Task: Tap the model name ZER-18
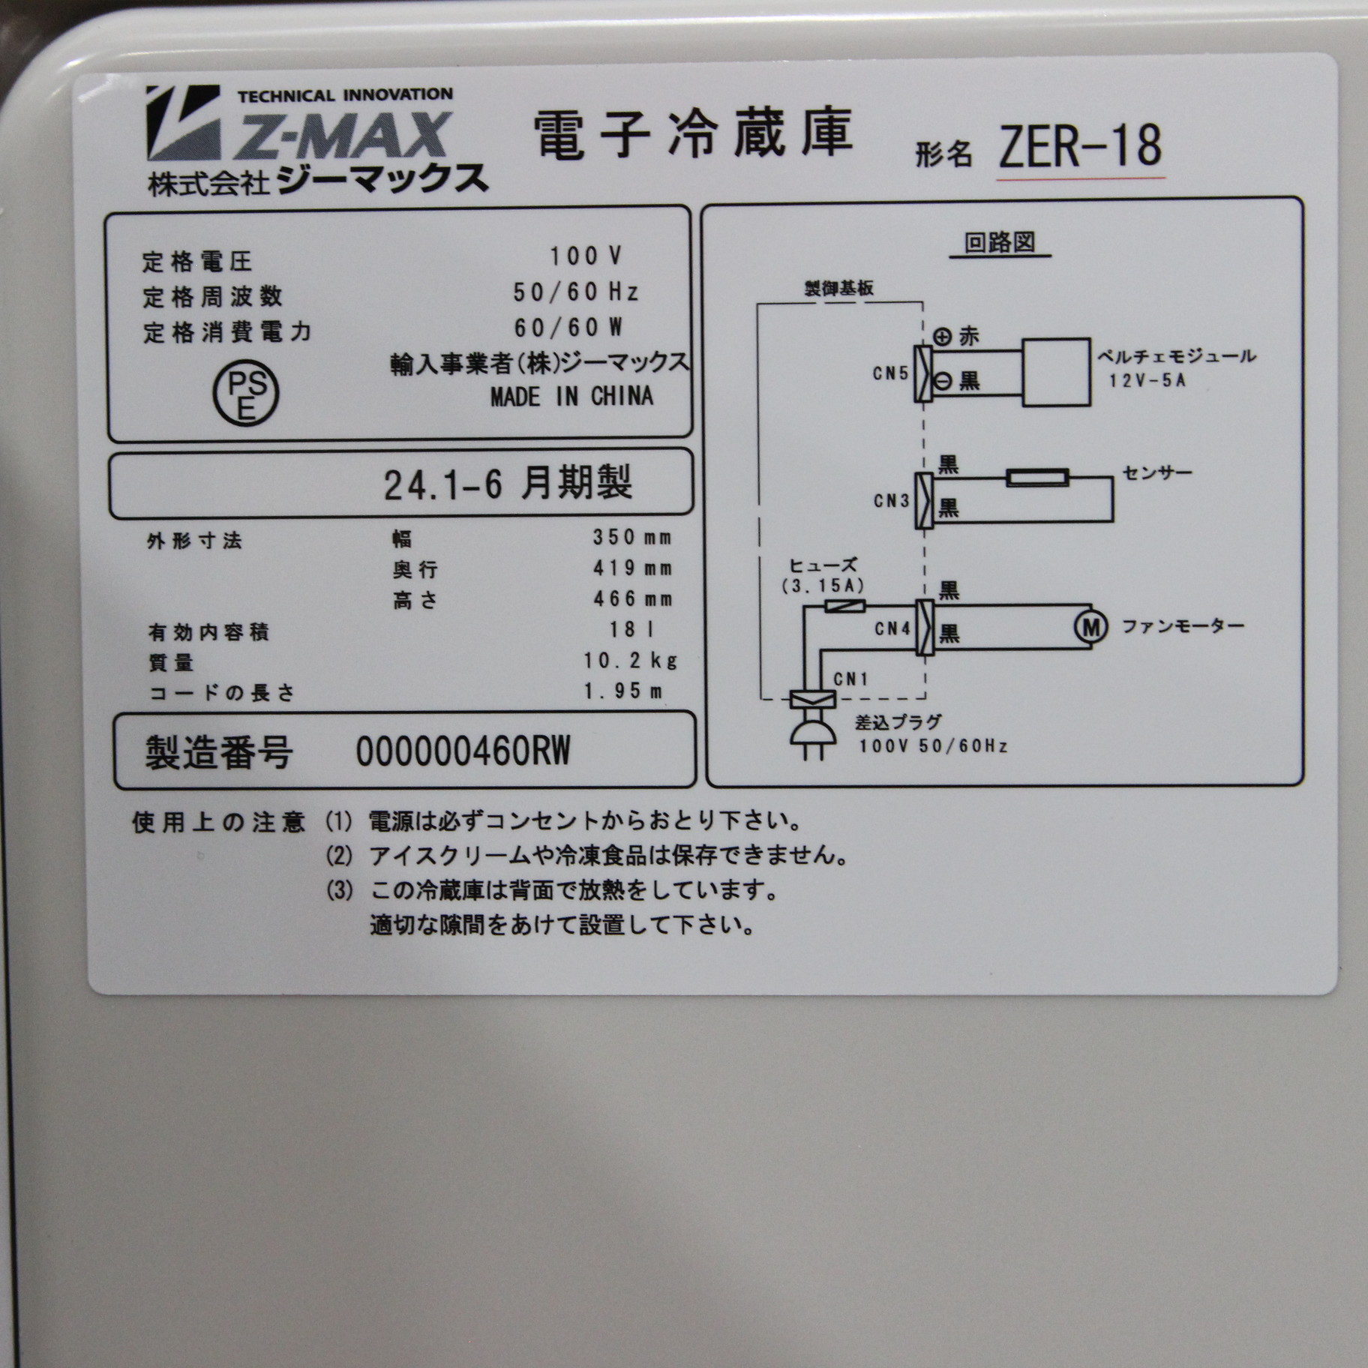tap(1080, 146)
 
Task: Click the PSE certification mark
tap(246, 394)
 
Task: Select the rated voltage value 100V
tap(586, 256)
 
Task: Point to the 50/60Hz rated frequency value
tap(576, 292)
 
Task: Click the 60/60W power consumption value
tap(568, 328)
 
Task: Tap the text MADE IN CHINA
tap(571, 397)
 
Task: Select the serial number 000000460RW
tap(463, 751)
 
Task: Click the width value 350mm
tap(632, 537)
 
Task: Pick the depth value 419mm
tap(632, 568)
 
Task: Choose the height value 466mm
tap(632, 598)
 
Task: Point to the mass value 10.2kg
tap(631, 660)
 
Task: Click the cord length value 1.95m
tap(623, 691)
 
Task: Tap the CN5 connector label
tap(890, 373)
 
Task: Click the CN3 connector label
tap(891, 500)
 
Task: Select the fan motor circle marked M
tap(1090, 626)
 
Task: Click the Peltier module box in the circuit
tap(1056, 372)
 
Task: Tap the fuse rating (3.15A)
tap(823, 586)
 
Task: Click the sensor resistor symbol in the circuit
tap(1037, 478)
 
